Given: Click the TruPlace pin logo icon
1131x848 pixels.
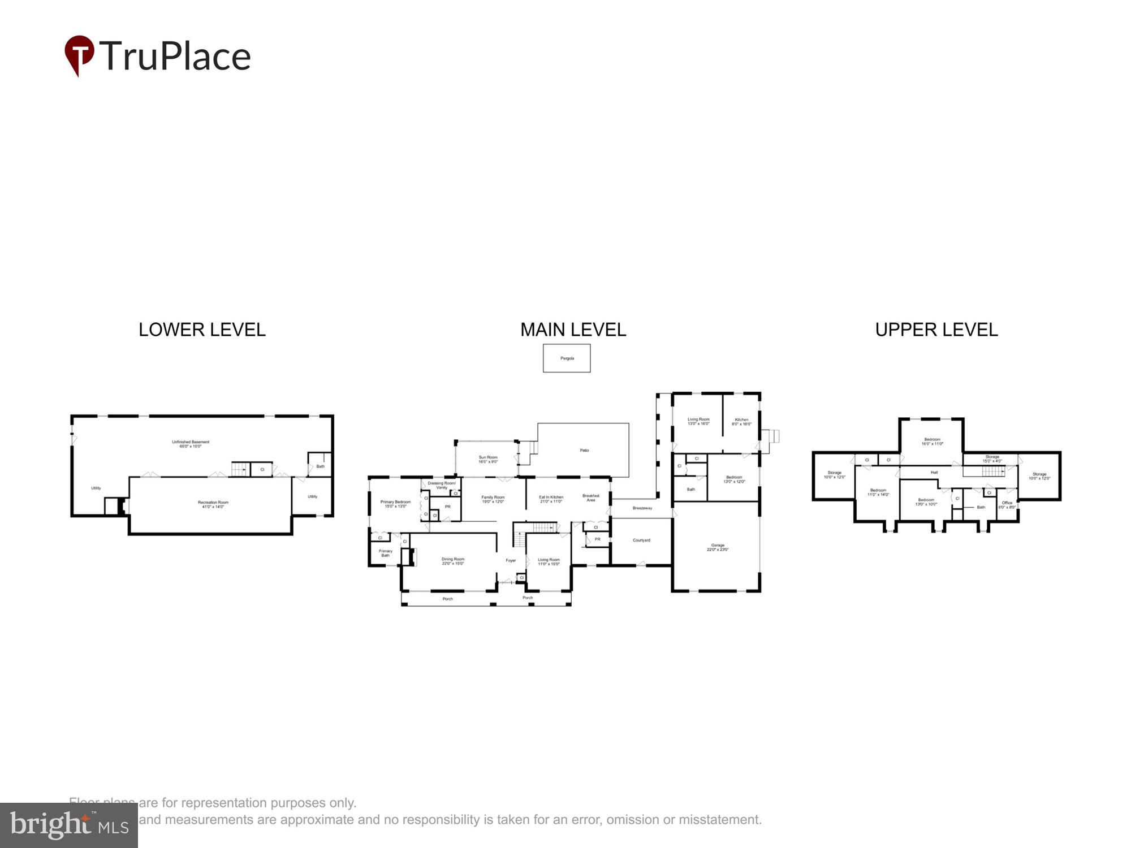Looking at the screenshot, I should coord(79,54).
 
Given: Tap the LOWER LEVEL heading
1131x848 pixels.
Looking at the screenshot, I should coord(202,330).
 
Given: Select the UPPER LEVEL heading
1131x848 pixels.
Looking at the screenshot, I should coord(936,330).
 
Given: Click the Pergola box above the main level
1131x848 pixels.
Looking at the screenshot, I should coord(567,358).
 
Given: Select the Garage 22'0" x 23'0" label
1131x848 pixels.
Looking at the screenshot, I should coord(718,547).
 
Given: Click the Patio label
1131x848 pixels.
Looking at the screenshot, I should coord(584,451).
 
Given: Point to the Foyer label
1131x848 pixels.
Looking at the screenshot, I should coord(511,560).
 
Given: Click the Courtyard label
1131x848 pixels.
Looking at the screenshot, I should coord(641,540).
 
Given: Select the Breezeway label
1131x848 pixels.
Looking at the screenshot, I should coord(642,508).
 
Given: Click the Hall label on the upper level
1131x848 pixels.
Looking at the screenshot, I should coord(934,473).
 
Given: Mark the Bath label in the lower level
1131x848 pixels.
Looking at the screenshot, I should coord(321,466).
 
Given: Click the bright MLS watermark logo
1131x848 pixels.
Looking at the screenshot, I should coord(68,825).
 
